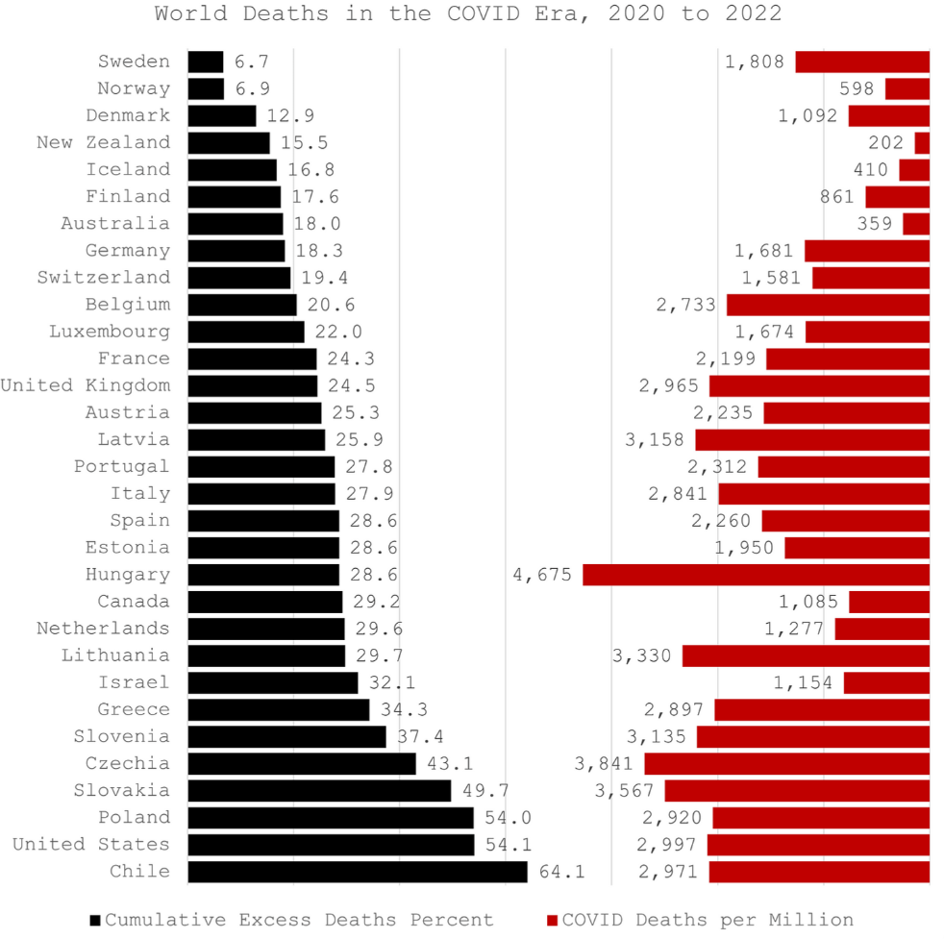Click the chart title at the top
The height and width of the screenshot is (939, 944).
click(x=468, y=14)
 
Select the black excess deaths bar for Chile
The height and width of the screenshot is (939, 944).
click(x=358, y=872)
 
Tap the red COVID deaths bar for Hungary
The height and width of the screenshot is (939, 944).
click(x=756, y=575)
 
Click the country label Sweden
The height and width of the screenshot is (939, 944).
click(x=134, y=62)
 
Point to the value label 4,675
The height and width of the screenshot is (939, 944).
click(x=542, y=575)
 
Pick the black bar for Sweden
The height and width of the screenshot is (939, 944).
click(x=206, y=62)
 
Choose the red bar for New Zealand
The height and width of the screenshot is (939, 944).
click(x=922, y=143)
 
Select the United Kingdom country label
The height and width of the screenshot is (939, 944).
click(x=86, y=385)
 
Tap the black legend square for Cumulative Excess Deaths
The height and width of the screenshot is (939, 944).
click(x=94, y=920)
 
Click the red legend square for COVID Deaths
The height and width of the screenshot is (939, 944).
click(x=552, y=920)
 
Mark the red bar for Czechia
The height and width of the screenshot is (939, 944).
click(x=786, y=764)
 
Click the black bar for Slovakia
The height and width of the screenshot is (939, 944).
click(x=319, y=791)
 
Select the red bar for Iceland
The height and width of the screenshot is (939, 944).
click(x=914, y=170)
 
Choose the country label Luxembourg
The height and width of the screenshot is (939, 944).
click(x=110, y=332)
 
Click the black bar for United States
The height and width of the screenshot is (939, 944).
click(x=331, y=845)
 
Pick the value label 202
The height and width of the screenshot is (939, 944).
click(x=885, y=143)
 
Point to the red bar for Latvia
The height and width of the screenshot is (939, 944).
click(x=812, y=440)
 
